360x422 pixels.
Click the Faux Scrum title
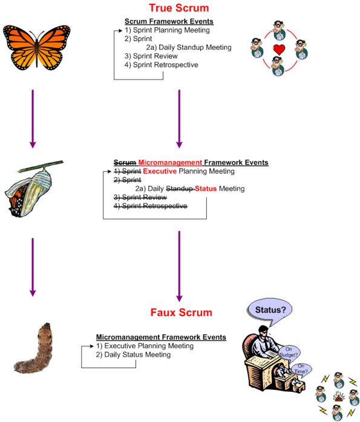pos(182,312)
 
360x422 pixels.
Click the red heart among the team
pos(278,49)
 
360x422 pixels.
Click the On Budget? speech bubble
pos(293,352)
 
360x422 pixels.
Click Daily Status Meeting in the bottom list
pos(138,355)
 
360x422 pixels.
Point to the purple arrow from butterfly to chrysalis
pos(33,119)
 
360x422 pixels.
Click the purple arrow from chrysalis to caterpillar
pos(33,267)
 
